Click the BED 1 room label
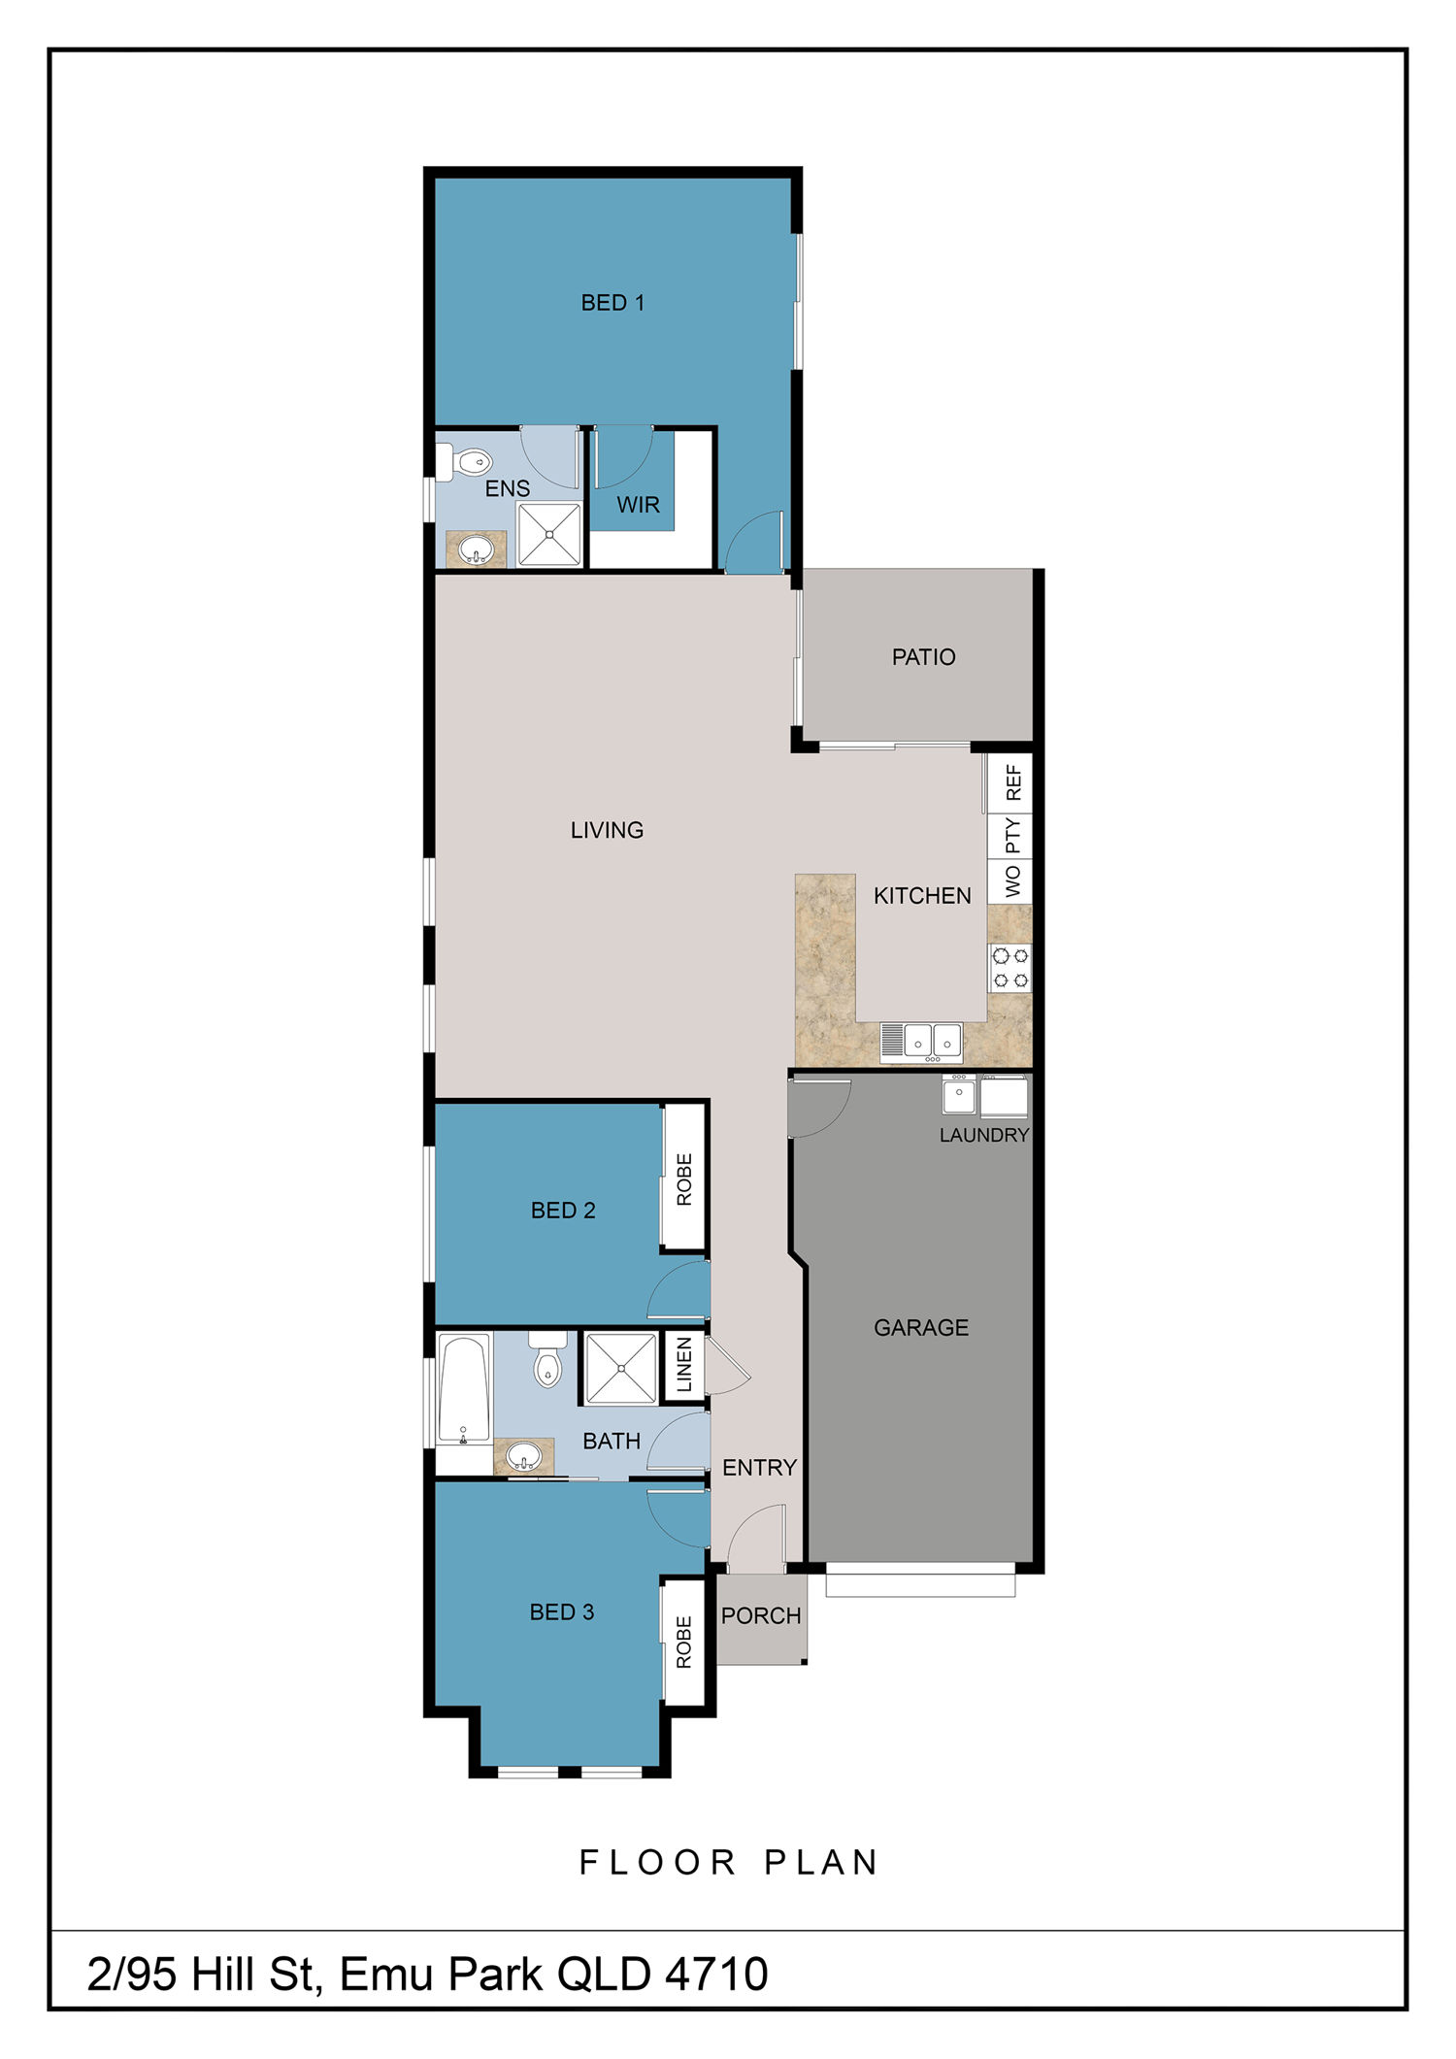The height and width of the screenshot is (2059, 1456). point(612,303)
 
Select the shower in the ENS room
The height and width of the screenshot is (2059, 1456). point(549,533)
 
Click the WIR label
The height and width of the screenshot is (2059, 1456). point(638,505)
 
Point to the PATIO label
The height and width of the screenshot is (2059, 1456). point(923,657)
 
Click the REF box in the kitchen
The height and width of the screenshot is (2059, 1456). point(1009,782)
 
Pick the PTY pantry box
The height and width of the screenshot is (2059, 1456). point(1009,836)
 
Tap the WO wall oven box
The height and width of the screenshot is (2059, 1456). point(1009,882)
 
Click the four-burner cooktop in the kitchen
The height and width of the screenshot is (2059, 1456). point(1009,968)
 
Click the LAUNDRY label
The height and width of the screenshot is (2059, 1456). point(983,1135)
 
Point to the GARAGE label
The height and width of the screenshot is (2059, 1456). point(921,1327)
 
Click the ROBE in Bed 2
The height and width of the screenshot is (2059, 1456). point(683,1179)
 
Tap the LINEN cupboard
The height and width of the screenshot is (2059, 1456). point(683,1365)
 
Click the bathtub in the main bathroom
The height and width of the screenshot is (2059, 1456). point(464,1389)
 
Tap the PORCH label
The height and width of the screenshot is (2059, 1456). point(761,1615)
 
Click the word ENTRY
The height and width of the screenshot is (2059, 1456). point(759,1467)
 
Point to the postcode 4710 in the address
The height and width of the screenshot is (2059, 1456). point(716,1974)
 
